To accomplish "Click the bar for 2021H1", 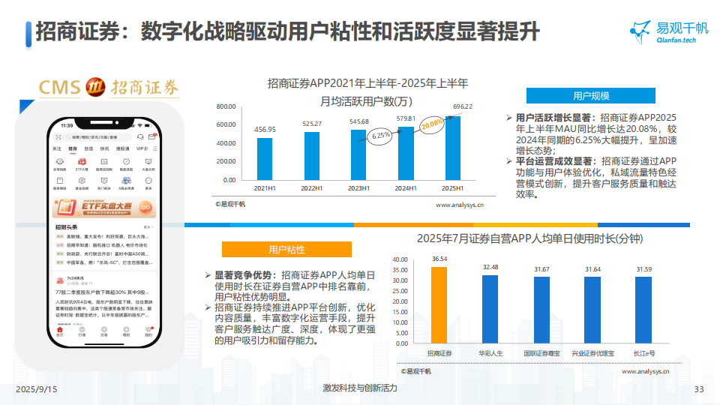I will [265, 159].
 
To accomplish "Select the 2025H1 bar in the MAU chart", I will [454, 148].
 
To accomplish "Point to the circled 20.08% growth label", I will [433, 124].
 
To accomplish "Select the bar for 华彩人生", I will [490, 309].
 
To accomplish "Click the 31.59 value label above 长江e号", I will [643, 268].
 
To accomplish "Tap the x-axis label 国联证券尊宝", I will [541, 352].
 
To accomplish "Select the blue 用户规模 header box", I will [591, 96].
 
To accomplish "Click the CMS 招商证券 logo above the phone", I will [109, 87].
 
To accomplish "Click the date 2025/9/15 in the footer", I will [36, 390].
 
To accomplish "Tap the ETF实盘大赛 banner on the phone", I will [103, 207].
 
